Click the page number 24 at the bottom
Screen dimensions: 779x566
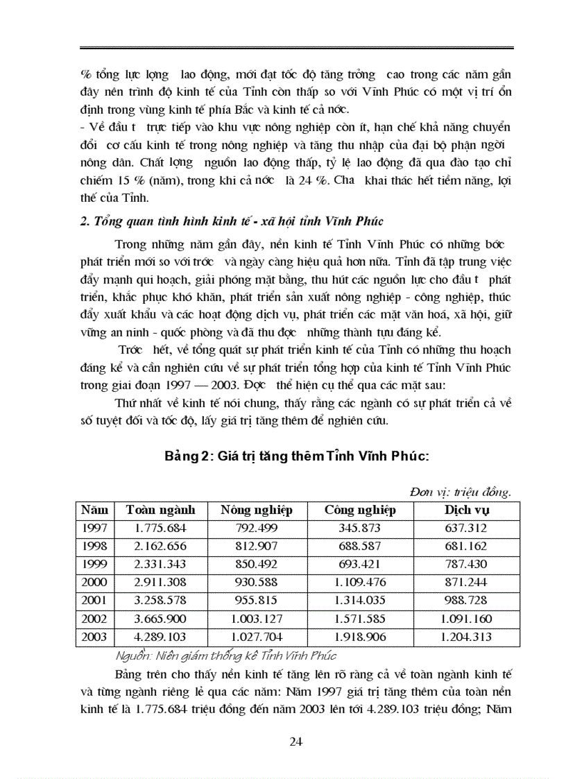[x=295, y=742]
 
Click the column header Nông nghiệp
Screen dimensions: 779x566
[x=256, y=510]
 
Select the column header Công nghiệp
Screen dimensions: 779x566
[x=360, y=510]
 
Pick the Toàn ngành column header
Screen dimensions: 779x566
[x=161, y=510]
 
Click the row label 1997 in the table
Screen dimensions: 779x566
[x=94, y=529]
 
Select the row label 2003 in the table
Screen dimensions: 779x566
[x=94, y=637]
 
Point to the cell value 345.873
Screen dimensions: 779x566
[x=360, y=529]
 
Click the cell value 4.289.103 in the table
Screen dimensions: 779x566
[x=161, y=637]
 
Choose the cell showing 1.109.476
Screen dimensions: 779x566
[x=360, y=583]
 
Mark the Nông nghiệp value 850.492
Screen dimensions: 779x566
[x=256, y=565]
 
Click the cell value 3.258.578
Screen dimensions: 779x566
[x=161, y=601]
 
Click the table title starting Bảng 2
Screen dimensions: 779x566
[x=297, y=456]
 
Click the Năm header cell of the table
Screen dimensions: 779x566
[x=94, y=510]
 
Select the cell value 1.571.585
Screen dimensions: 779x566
[x=360, y=619]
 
